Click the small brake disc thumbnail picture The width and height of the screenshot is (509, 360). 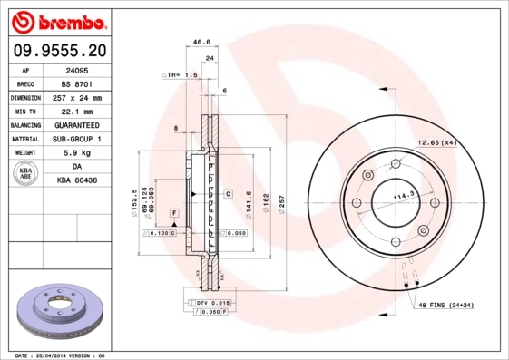coord(60,309)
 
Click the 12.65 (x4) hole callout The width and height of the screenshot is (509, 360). coord(436,142)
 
